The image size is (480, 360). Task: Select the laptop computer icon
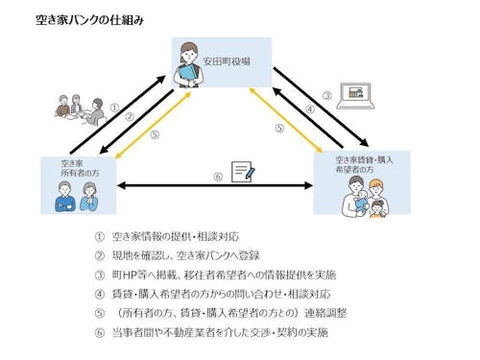point(359,95)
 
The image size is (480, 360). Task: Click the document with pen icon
point(243,174)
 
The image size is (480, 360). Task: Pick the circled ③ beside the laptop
point(326,96)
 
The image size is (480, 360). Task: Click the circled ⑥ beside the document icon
point(218,176)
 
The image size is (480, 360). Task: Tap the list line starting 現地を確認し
point(182,255)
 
